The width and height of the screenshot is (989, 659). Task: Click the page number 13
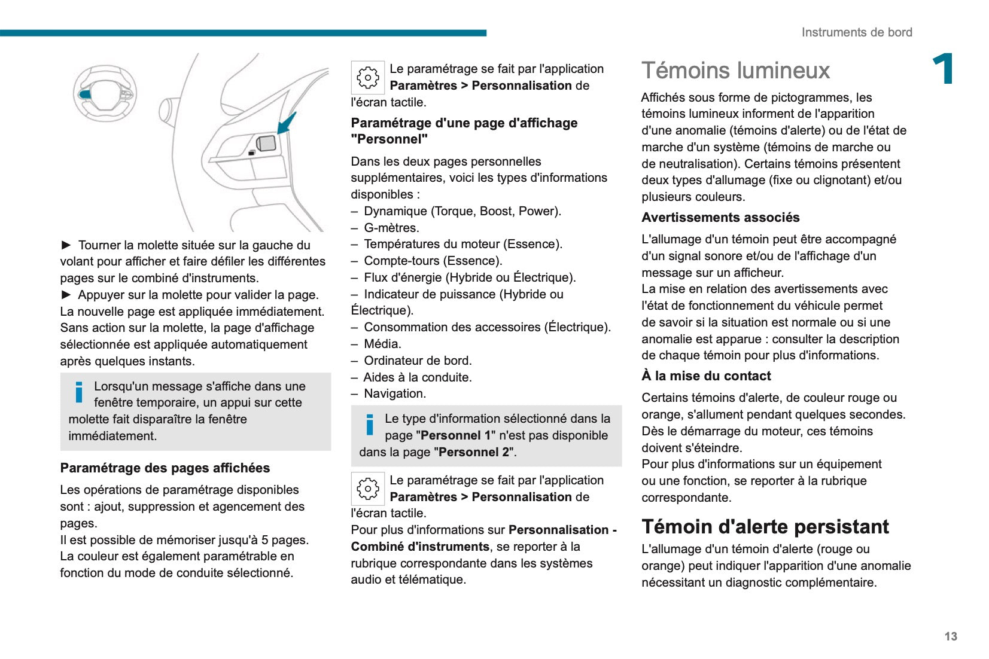[950, 636]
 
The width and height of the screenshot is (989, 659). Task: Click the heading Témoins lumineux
[735, 71]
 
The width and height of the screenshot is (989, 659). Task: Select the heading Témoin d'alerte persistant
[765, 526]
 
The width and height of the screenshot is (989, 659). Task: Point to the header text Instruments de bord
[856, 32]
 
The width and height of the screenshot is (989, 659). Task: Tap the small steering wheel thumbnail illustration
[105, 93]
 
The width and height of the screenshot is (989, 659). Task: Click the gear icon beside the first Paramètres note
[367, 77]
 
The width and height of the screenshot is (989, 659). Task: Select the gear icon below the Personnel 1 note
[367, 489]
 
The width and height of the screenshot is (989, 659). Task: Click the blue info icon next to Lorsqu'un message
[79, 392]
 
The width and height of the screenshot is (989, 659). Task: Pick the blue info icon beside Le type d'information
[370, 425]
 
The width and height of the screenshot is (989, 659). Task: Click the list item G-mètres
[391, 228]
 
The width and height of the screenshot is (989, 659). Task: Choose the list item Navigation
[395, 393]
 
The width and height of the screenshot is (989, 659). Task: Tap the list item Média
[382, 344]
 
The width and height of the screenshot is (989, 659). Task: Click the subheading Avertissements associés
[720, 218]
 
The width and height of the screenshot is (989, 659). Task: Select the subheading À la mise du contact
[706, 376]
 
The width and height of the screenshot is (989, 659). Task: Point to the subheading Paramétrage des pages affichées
[165, 468]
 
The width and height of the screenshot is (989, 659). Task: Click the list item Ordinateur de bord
[418, 361]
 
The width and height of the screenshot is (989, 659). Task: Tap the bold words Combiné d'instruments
[420, 547]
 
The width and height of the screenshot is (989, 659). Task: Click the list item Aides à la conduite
[418, 377]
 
